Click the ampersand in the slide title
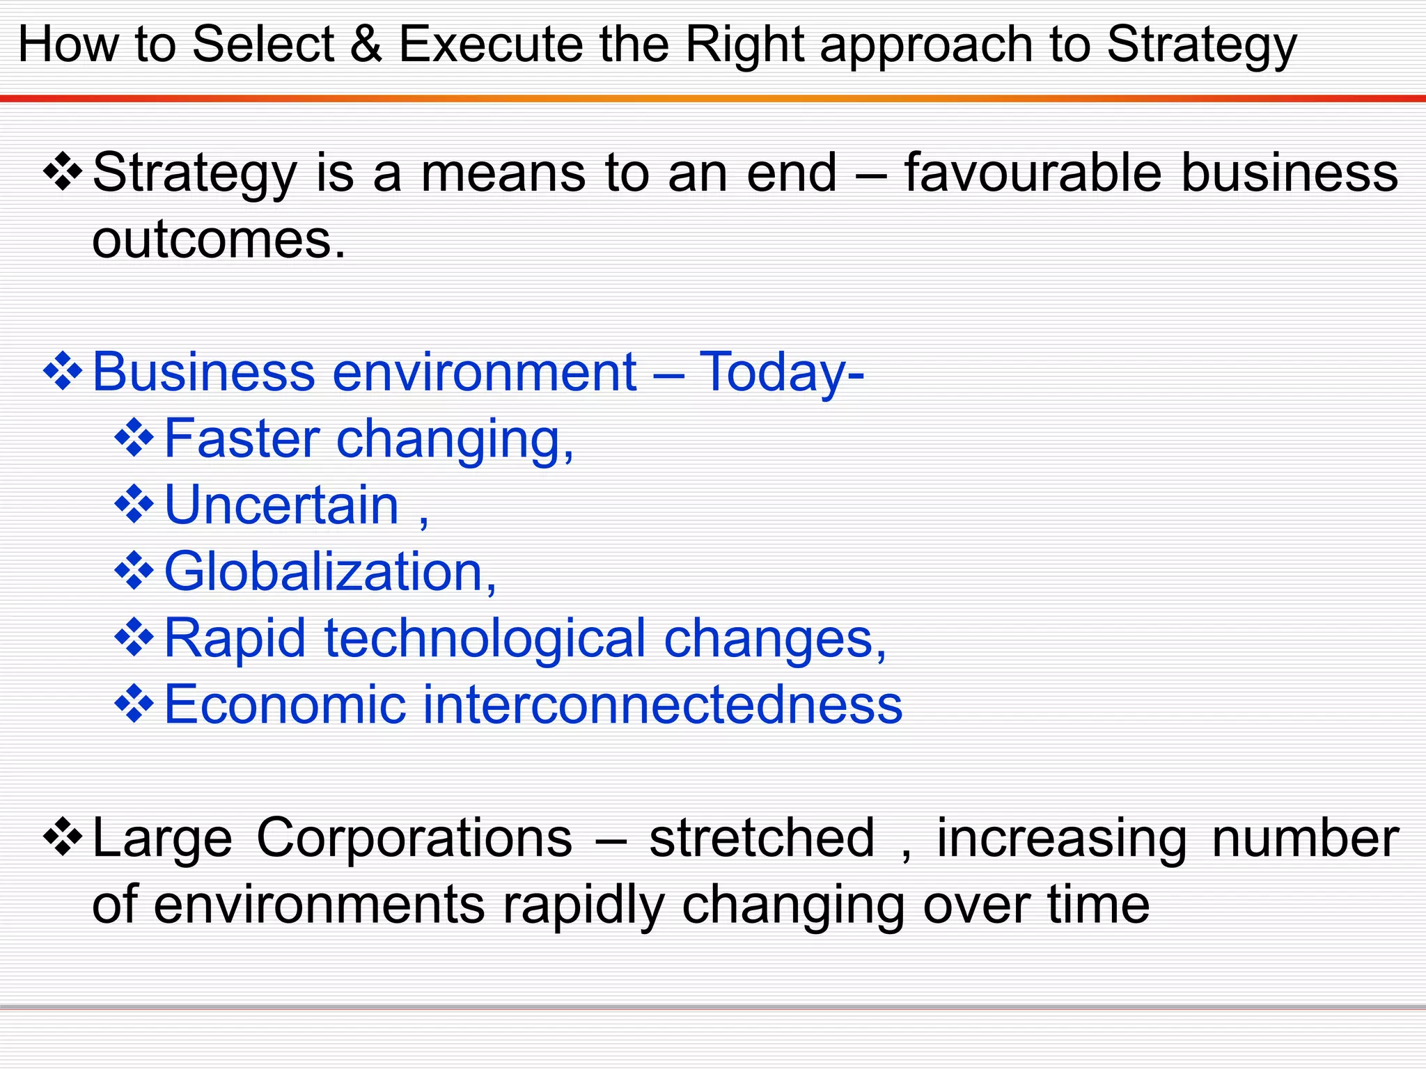[x=366, y=45]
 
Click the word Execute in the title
[x=489, y=45]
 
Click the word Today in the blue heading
[x=773, y=372]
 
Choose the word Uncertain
[x=281, y=505]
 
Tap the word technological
[x=485, y=638]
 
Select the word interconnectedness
[x=662, y=704]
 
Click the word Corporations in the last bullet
[x=414, y=838]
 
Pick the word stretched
[x=762, y=838]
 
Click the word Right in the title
[x=744, y=45]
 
